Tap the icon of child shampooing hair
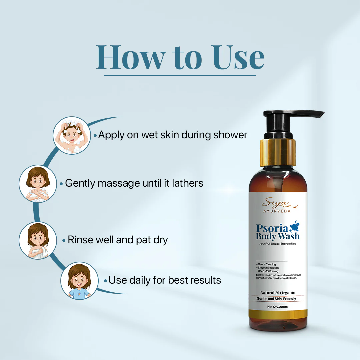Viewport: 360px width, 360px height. tap(71, 135)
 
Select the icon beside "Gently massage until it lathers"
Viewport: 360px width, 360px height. tap(37, 184)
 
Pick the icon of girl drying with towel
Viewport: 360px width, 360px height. tap(37, 240)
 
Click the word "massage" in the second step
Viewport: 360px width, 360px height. tap(114, 183)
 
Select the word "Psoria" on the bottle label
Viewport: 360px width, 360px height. tap(272, 228)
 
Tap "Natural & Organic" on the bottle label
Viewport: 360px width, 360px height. tap(278, 293)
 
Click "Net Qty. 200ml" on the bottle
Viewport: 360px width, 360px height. tap(278, 307)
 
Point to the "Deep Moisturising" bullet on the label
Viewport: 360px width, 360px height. tap(267, 271)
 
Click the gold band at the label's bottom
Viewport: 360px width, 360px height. tap(278, 314)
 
